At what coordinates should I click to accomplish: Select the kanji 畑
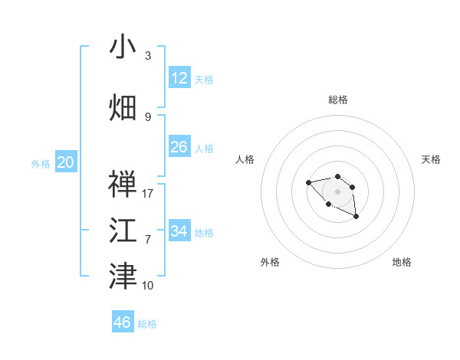pyautogui.click(x=123, y=108)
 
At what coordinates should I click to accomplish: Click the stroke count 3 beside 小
pyautogui.click(x=148, y=56)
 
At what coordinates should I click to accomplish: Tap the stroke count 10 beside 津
pyautogui.click(x=148, y=285)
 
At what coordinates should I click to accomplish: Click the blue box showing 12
pyautogui.click(x=179, y=78)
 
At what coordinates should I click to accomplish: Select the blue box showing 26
pyautogui.click(x=179, y=147)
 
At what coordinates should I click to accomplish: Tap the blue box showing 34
pyautogui.click(x=179, y=231)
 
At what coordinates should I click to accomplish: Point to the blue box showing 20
pyautogui.click(x=66, y=162)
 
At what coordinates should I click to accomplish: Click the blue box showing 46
pyautogui.click(x=123, y=322)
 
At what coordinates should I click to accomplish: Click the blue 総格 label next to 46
pyautogui.click(x=147, y=324)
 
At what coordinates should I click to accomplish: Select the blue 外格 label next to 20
pyautogui.click(x=41, y=163)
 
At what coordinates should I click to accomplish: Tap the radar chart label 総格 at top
pyautogui.click(x=338, y=100)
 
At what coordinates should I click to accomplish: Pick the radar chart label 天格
pyautogui.click(x=432, y=159)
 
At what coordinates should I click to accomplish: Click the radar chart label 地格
pyautogui.click(x=402, y=262)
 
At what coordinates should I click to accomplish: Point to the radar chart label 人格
pyautogui.click(x=245, y=159)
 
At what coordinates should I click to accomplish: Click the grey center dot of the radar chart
pyautogui.click(x=337, y=191)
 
